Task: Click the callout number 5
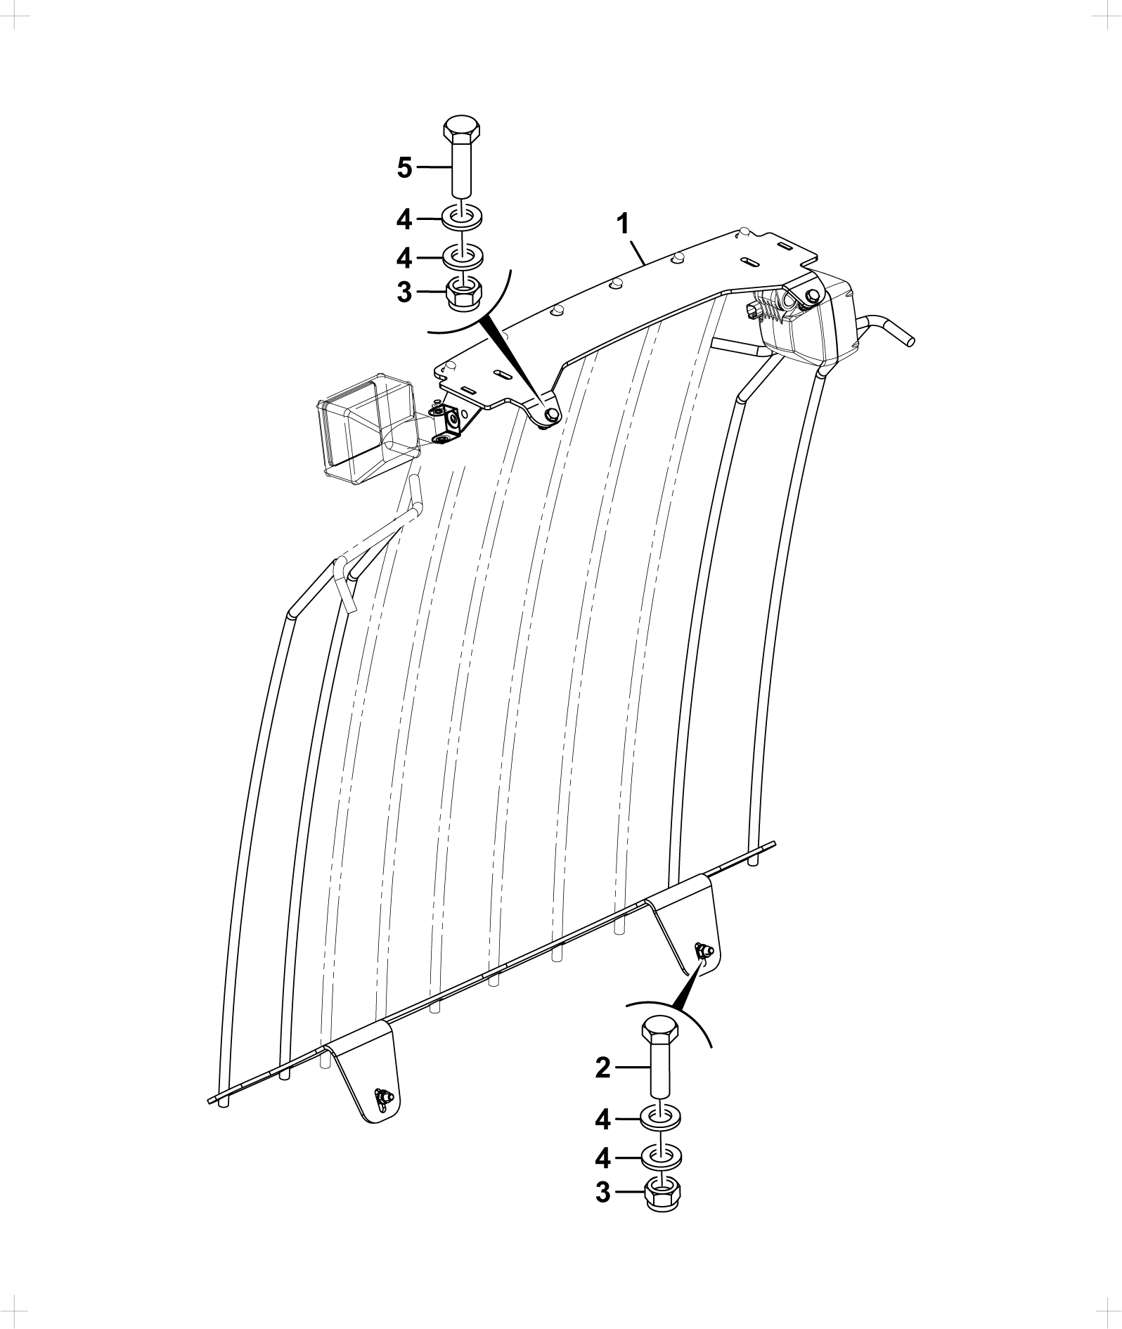(404, 167)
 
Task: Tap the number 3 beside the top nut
(404, 291)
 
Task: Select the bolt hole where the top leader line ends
(551, 414)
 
